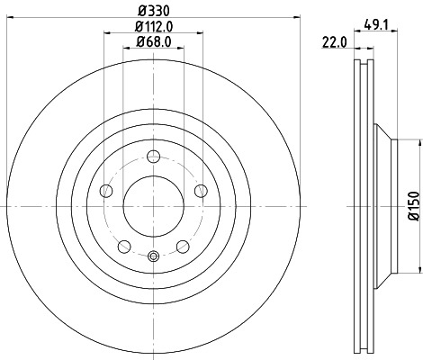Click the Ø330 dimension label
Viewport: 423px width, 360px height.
click(153, 11)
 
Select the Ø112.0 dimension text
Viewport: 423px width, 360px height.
click(153, 26)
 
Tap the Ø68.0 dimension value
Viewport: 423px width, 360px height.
click(153, 42)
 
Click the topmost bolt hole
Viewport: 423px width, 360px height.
click(153, 156)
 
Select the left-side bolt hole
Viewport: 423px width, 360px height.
click(106, 190)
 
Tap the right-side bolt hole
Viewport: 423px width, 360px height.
click(201, 190)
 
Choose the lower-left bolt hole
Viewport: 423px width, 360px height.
click(124, 246)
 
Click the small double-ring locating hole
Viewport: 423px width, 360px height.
click(153, 257)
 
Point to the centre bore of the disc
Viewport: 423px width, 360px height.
click(153, 206)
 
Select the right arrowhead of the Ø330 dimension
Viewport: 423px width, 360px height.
click(299, 18)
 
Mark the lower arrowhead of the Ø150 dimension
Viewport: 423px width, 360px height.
click(419, 270)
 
